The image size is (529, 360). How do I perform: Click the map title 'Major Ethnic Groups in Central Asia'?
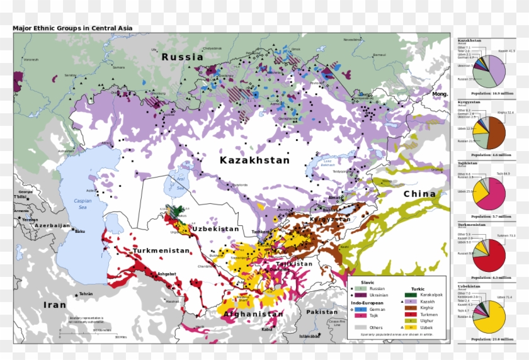[x=72, y=28]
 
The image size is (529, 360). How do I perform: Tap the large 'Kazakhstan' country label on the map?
[x=254, y=160]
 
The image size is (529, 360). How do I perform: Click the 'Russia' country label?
[x=182, y=57]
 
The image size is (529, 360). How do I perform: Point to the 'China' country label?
[x=419, y=194]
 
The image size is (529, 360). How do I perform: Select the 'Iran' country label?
[x=54, y=305]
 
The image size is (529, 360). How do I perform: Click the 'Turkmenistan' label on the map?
[x=161, y=250]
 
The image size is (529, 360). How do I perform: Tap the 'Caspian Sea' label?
[x=82, y=204]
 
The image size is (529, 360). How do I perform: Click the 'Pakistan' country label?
[x=322, y=312]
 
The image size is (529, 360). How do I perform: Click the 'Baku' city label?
[x=79, y=232]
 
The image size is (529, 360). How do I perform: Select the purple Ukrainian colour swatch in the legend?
[x=360, y=295]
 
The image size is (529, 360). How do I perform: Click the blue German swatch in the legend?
[x=360, y=309]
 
